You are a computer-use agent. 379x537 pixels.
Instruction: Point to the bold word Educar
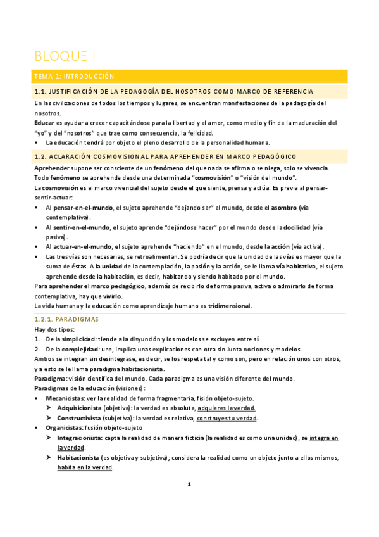coord(44,122)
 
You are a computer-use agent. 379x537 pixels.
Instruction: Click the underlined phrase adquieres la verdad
coord(227,408)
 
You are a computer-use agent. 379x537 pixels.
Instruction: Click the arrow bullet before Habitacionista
coord(49,458)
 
